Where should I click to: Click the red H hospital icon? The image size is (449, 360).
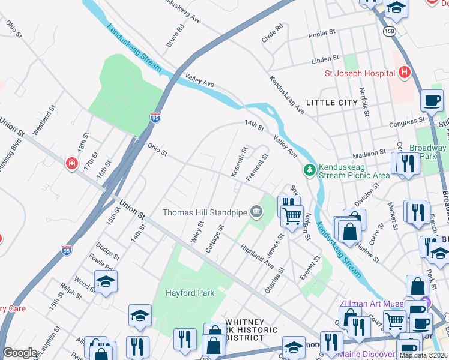pyautogui.click(x=404, y=73)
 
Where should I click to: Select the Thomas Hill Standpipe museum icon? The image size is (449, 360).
pyautogui.click(x=256, y=212)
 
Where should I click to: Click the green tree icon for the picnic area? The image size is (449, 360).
pyautogui.click(x=310, y=170)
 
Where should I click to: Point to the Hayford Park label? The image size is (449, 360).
pyautogui.click(x=190, y=293)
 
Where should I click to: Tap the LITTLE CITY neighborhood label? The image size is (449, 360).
pyautogui.click(x=331, y=103)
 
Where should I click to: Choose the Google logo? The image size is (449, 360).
pyautogui.click(x=20, y=352)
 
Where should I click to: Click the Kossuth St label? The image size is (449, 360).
pyautogui.click(x=237, y=162)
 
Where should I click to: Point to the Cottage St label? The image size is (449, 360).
pyautogui.click(x=215, y=238)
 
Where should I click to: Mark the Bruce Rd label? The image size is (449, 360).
pyautogui.click(x=176, y=37)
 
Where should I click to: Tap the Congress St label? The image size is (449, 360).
pyautogui.click(x=407, y=122)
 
